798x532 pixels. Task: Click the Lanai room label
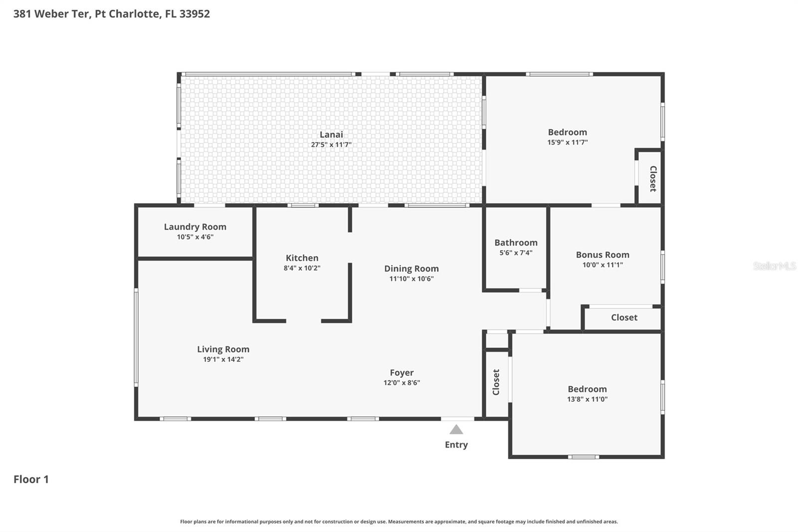coord(331,134)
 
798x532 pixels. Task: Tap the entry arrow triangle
coord(456,430)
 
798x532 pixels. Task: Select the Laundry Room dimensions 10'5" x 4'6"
coord(195,237)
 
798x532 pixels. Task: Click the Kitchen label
coord(302,258)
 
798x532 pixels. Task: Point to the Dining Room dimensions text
coord(411,279)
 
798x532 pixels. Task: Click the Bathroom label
coord(516,243)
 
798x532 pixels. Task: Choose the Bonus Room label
coord(602,255)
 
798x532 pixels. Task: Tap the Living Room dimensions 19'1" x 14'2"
coord(223,359)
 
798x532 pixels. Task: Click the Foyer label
coord(401,373)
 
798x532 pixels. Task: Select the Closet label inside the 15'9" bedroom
coord(652,179)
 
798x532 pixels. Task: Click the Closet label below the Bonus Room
coord(624,317)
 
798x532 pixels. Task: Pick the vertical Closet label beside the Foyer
coord(496,382)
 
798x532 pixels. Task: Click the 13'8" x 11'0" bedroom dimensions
coord(587,399)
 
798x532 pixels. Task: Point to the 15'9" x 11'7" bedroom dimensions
coord(567,142)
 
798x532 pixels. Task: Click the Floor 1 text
coord(31,479)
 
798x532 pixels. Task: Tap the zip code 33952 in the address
coord(195,13)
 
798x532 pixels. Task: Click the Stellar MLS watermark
coord(774,266)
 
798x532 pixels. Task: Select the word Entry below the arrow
coord(456,445)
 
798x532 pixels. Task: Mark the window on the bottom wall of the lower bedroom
coord(584,457)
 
